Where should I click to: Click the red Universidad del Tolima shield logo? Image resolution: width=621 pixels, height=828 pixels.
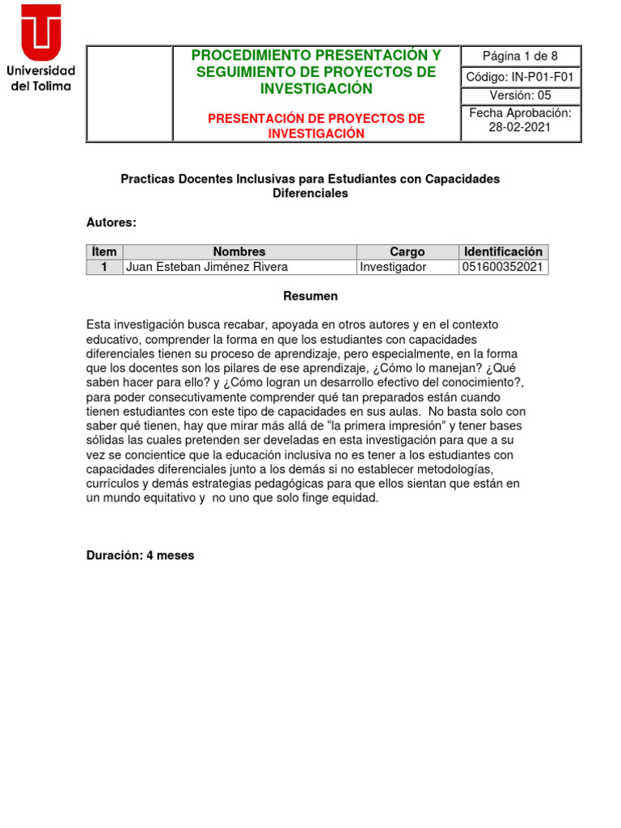(x=40, y=32)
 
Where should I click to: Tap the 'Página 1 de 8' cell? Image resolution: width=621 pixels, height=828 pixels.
(x=520, y=56)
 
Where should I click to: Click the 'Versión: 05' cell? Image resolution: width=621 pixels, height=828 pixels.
(x=520, y=95)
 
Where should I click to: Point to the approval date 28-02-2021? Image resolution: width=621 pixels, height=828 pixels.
(x=520, y=128)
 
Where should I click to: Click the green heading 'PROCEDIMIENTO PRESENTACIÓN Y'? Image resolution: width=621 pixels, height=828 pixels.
(x=316, y=55)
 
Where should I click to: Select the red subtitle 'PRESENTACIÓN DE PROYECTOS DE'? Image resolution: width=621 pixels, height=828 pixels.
(x=316, y=119)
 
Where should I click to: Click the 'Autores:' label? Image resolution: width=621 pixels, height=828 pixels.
(x=112, y=222)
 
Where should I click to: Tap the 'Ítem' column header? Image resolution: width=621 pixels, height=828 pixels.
(x=104, y=251)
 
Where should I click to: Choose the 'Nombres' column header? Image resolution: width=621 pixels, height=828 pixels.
(x=239, y=251)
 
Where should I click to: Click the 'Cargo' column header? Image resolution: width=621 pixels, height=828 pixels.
(x=407, y=251)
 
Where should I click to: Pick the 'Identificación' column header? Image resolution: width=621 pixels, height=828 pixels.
(x=503, y=251)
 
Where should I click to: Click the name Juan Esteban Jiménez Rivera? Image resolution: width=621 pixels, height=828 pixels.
(x=207, y=267)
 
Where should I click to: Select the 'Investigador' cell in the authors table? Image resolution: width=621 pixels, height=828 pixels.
(x=393, y=267)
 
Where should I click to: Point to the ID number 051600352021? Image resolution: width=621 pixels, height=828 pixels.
(x=503, y=267)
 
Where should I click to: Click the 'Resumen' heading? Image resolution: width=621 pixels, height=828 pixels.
(x=310, y=297)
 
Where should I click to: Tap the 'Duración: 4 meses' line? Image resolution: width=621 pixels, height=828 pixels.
(x=140, y=556)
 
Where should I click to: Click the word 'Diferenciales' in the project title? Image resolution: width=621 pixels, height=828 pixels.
(x=310, y=194)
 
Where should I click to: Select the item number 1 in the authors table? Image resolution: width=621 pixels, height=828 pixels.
(x=104, y=267)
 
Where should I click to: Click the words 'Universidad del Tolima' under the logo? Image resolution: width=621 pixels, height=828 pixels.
(x=40, y=78)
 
